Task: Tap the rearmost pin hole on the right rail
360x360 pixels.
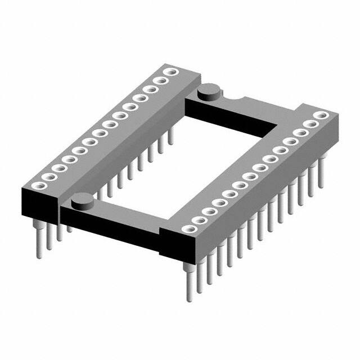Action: (320, 116)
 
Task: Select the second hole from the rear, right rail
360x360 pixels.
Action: (310, 124)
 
